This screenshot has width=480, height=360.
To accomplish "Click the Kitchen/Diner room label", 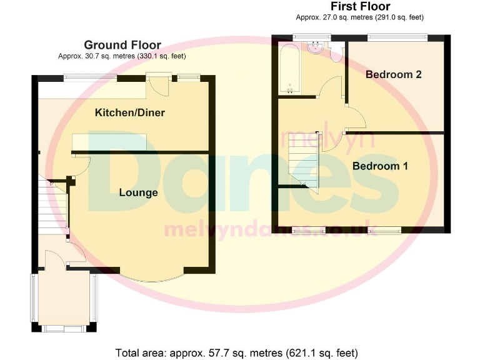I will [129, 112].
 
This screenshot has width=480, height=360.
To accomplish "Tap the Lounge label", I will [138, 192].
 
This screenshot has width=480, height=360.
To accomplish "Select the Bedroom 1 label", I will [380, 166].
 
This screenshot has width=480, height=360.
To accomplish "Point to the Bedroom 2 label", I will [393, 74].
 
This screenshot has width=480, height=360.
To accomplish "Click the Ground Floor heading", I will [122, 45].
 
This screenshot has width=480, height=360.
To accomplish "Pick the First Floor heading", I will [361, 7].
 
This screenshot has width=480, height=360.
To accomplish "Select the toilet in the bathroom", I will [337, 52].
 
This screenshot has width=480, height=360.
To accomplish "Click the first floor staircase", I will [304, 164].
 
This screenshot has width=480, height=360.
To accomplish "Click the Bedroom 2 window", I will [397, 36].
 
